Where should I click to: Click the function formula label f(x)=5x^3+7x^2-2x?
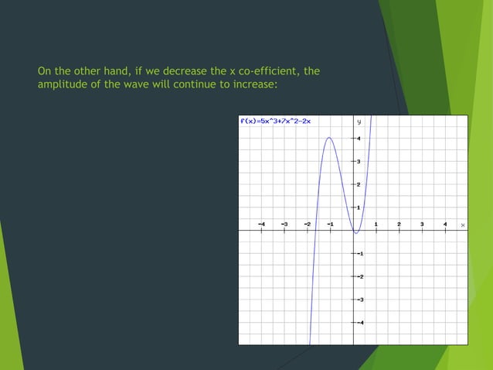(x=276, y=122)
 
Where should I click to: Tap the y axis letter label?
(x=359, y=122)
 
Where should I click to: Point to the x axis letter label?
(x=463, y=224)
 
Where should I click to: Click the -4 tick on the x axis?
(x=261, y=224)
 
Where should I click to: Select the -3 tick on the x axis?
(x=284, y=224)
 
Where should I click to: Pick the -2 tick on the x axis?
(x=308, y=224)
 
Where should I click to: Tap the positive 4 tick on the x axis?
(x=445, y=224)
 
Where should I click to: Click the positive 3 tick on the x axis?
(x=422, y=224)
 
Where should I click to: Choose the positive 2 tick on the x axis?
(x=399, y=224)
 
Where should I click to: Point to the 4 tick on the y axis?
(x=357, y=139)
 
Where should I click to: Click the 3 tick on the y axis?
(x=357, y=161)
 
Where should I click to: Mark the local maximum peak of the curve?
(x=329, y=138)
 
